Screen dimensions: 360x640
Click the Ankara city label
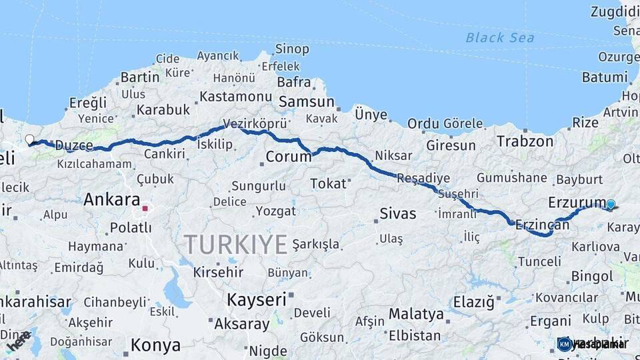click(x=112, y=199)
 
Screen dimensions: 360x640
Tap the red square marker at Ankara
click(x=145, y=209)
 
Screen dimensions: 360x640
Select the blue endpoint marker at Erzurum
click(x=611, y=205)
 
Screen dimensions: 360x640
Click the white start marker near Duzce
click(x=29, y=140)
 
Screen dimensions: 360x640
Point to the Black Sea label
click(x=500, y=37)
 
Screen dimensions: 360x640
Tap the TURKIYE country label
click(x=236, y=245)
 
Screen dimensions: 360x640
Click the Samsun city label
click(x=307, y=102)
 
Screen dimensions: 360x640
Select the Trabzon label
click(x=525, y=141)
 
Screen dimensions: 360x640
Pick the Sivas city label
click(x=397, y=214)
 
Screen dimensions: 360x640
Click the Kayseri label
click(x=257, y=299)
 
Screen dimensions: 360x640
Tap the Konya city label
click(x=155, y=345)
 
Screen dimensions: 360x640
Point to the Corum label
click(x=289, y=157)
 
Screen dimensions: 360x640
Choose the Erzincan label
click(x=541, y=225)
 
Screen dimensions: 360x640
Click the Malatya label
click(x=416, y=313)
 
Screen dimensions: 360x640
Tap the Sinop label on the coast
click(x=292, y=49)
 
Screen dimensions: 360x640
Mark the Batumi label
click(x=605, y=77)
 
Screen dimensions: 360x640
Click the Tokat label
click(x=329, y=183)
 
